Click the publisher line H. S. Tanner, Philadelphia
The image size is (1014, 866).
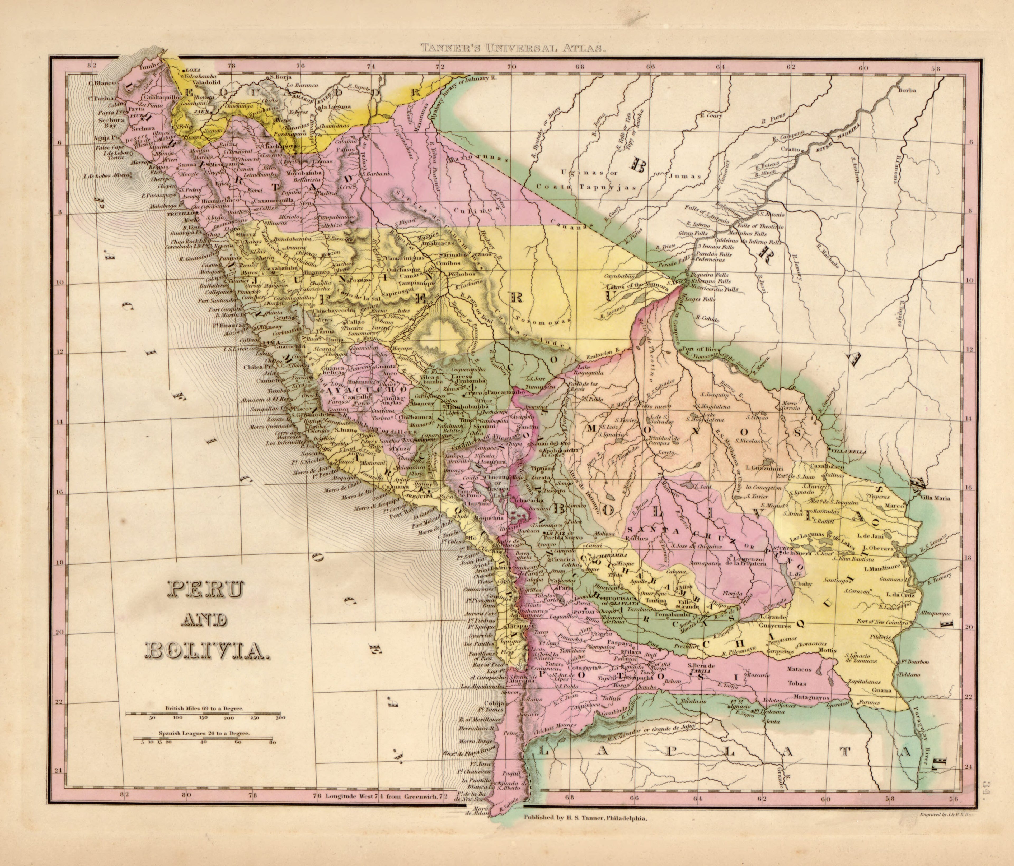point(586,818)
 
